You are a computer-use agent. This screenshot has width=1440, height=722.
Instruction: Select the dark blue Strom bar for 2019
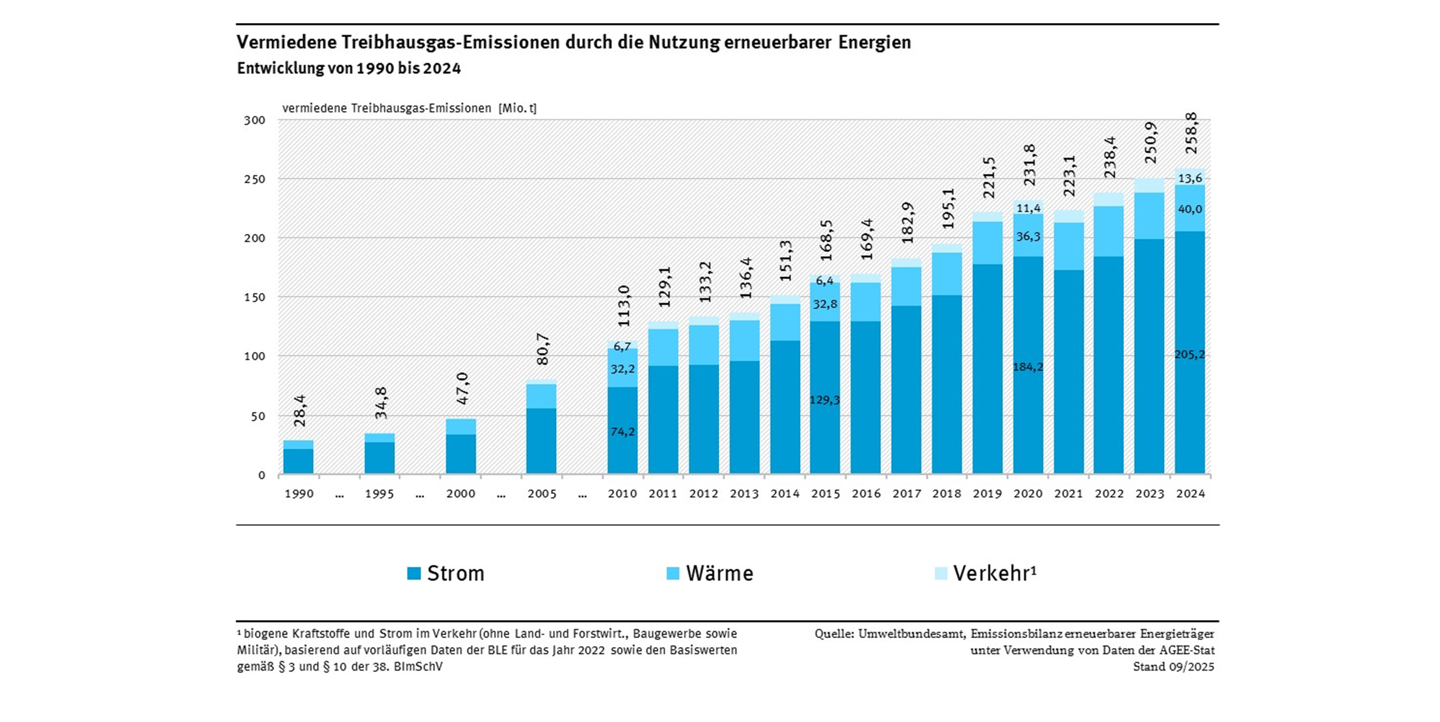pyautogui.click(x=987, y=369)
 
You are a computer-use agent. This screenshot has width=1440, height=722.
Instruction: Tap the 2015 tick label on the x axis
pyautogui.click(x=826, y=493)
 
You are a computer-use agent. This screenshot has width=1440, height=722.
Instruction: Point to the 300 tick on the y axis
pyautogui.click(x=254, y=120)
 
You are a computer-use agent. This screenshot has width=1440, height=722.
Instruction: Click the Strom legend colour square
pyautogui.click(x=414, y=573)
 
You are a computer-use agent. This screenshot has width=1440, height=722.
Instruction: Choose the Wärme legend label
pyautogui.click(x=720, y=573)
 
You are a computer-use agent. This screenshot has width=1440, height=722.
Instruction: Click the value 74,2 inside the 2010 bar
pyautogui.click(x=622, y=431)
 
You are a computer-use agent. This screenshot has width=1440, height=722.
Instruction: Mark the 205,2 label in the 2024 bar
pyautogui.click(x=1190, y=354)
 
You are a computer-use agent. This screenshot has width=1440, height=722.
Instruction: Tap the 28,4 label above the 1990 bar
pyautogui.click(x=300, y=410)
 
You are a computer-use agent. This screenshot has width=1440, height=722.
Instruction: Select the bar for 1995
pyautogui.click(x=379, y=454)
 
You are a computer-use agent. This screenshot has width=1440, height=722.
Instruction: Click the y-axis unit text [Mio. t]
pyautogui.click(x=517, y=109)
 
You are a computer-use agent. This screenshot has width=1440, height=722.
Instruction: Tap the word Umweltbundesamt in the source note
pyautogui.click(x=911, y=633)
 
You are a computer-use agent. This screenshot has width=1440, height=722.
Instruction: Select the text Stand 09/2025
pyautogui.click(x=1173, y=667)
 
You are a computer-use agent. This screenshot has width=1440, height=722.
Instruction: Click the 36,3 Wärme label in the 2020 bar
pyautogui.click(x=1028, y=236)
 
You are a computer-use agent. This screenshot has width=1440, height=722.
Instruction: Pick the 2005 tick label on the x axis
pyautogui.click(x=542, y=493)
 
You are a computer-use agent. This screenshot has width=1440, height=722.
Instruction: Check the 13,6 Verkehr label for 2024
pyautogui.click(x=1190, y=178)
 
